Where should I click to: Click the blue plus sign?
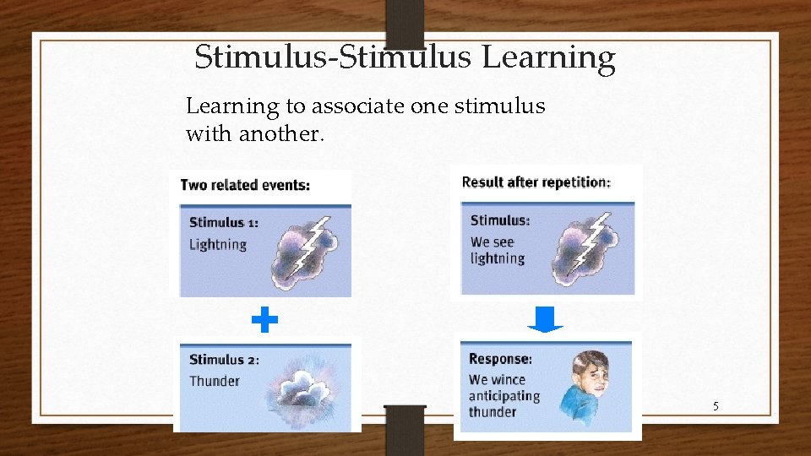264,320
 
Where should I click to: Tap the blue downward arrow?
545,319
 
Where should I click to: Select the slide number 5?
716,407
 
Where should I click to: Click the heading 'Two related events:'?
245,185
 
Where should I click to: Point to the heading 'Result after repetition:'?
536,182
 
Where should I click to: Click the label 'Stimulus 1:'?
224,223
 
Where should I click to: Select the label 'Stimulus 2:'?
224,360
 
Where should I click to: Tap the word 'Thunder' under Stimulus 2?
215,381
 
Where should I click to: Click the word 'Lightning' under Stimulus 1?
218,245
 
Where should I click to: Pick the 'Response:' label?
500,359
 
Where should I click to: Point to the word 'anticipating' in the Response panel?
504,396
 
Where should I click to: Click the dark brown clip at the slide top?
405,21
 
